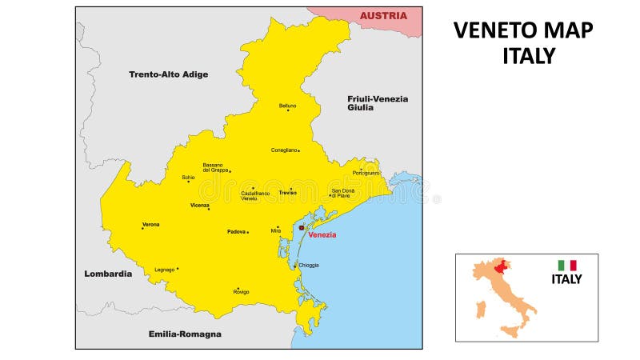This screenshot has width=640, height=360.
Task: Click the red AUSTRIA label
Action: [383, 16]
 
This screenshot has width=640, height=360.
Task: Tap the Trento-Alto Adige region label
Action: [168, 74]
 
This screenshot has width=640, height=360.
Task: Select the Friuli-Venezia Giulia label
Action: [377, 103]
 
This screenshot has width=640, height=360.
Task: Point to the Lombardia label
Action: [108, 274]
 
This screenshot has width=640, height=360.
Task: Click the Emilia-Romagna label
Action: [185, 334]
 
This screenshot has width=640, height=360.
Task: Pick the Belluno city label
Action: [287, 106]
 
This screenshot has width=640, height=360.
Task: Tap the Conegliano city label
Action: [284, 150]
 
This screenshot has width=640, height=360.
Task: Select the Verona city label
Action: [150, 224]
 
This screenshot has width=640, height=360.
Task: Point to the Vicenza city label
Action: [199, 205]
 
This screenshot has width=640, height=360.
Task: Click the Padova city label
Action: [236, 231]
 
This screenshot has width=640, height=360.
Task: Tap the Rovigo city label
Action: [241, 292]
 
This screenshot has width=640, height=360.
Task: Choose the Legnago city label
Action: [164, 270]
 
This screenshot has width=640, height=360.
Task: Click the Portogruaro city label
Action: [366, 173]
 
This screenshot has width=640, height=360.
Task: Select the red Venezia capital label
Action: [322, 234]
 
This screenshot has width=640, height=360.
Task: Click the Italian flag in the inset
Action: [567, 265]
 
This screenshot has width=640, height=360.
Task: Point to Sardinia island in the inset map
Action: [481, 309]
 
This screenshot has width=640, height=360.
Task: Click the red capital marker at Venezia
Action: [302, 228]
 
